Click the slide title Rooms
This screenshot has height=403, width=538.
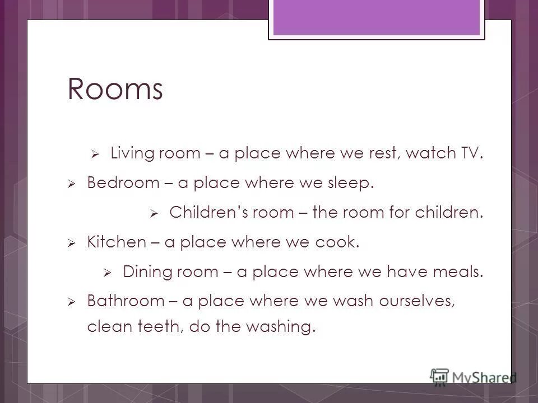click(x=115, y=90)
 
